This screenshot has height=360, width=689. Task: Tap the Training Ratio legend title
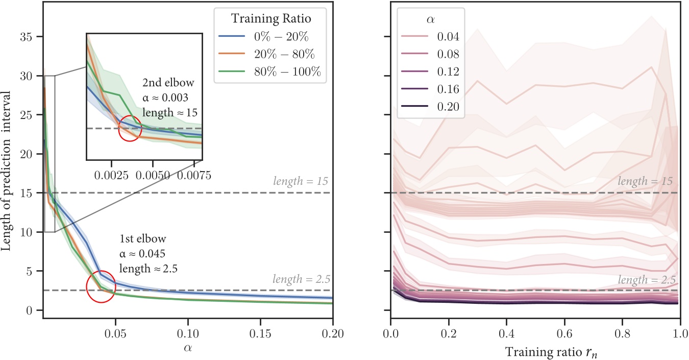(270, 19)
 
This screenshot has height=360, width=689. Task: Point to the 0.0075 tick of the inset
(193, 175)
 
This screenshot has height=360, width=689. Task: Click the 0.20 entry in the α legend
(449, 107)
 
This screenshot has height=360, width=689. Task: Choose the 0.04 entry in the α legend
(449, 37)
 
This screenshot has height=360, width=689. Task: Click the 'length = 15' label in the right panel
(647, 181)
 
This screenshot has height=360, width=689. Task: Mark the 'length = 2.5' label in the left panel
(302, 279)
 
